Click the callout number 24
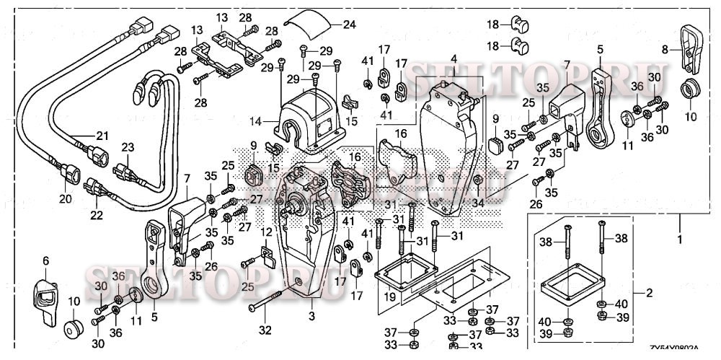click(x=349, y=24)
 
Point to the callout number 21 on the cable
click(x=102, y=136)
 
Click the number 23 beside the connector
click(x=128, y=147)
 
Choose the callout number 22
click(x=96, y=215)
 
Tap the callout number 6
click(x=45, y=260)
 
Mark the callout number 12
click(x=266, y=232)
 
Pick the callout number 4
click(x=454, y=58)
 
